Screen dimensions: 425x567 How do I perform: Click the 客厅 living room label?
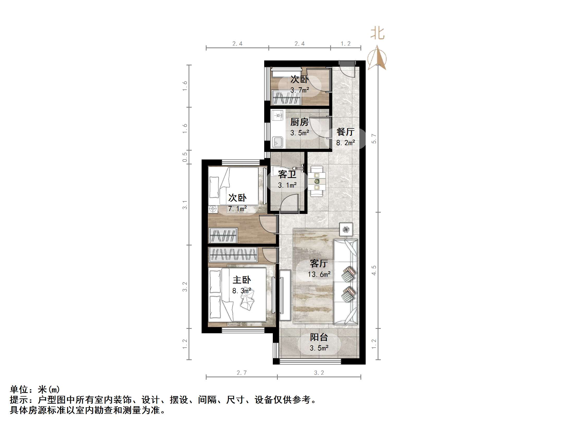[x=319, y=263]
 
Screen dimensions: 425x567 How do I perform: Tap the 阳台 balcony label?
[x=319, y=337]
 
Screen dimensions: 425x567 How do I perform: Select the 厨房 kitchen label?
[x=299, y=122]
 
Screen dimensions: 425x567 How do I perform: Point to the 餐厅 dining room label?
[x=345, y=132]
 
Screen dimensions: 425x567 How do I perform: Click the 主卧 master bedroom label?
[x=242, y=280]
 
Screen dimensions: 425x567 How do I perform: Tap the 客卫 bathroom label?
[x=287, y=174]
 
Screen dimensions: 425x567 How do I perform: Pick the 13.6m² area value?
[x=319, y=274]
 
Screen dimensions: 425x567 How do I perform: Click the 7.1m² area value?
[x=237, y=209]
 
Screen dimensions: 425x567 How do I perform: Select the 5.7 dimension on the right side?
[x=374, y=138]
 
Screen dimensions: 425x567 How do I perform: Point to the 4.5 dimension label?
[x=374, y=270]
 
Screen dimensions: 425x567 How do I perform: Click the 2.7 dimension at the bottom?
[x=242, y=373]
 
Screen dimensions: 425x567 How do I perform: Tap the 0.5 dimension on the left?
[x=185, y=157]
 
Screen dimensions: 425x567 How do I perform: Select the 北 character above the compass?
[x=377, y=34]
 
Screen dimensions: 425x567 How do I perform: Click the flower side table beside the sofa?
[x=346, y=230]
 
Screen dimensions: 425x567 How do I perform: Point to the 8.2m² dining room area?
[x=345, y=143]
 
